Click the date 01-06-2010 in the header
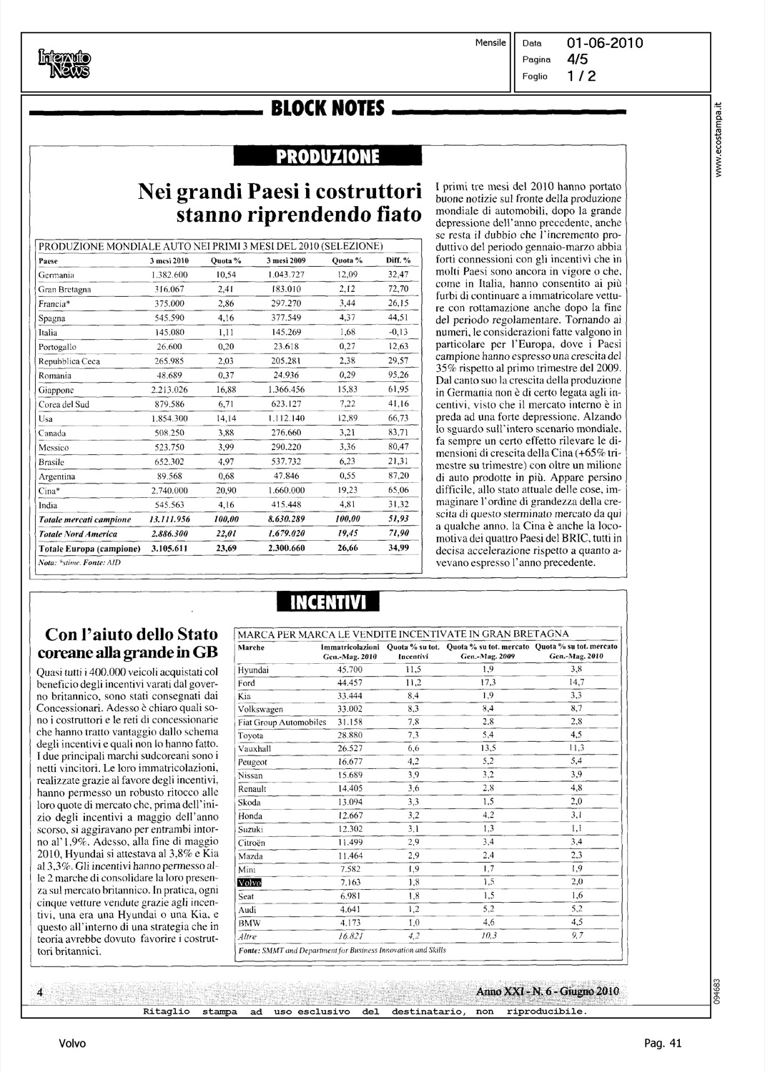(x=605, y=43)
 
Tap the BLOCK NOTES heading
(x=328, y=109)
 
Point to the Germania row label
(x=53, y=275)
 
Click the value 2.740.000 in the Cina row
(x=169, y=491)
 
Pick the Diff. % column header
(x=398, y=260)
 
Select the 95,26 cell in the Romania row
(x=398, y=376)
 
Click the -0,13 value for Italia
(x=398, y=332)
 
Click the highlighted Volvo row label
(x=250, y=883)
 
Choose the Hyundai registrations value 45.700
(x=350, y=670)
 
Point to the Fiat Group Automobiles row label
(x=282, y=722)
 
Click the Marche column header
(x=250, y=647)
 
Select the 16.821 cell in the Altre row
(x=350, y=936)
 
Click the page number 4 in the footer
(x=41, y=992)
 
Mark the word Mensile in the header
(x=490, y=43)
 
